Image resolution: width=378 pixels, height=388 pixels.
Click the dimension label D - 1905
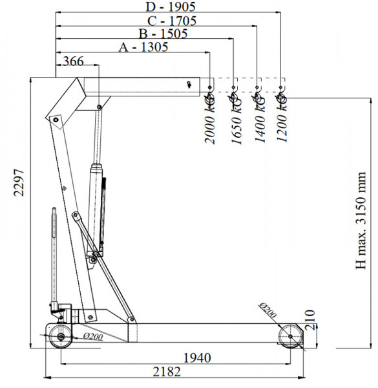(x=171, y=6)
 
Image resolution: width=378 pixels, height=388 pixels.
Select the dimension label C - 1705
(x=172, y=21)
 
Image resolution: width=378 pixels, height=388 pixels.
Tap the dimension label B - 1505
(x=163, y=34)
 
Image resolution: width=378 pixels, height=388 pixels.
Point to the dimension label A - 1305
(x=143, y=47)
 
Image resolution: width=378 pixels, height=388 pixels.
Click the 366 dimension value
(x=74, y=61)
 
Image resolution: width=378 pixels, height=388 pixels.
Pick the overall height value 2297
(x=19, y=182)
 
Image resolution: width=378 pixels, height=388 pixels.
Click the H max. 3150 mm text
(x=361, y=221)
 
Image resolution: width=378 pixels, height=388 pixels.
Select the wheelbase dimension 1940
(x=197, y=358)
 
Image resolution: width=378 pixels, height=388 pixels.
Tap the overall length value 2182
(x=167, y=372)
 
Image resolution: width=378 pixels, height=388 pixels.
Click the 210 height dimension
(x=310, y=319)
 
